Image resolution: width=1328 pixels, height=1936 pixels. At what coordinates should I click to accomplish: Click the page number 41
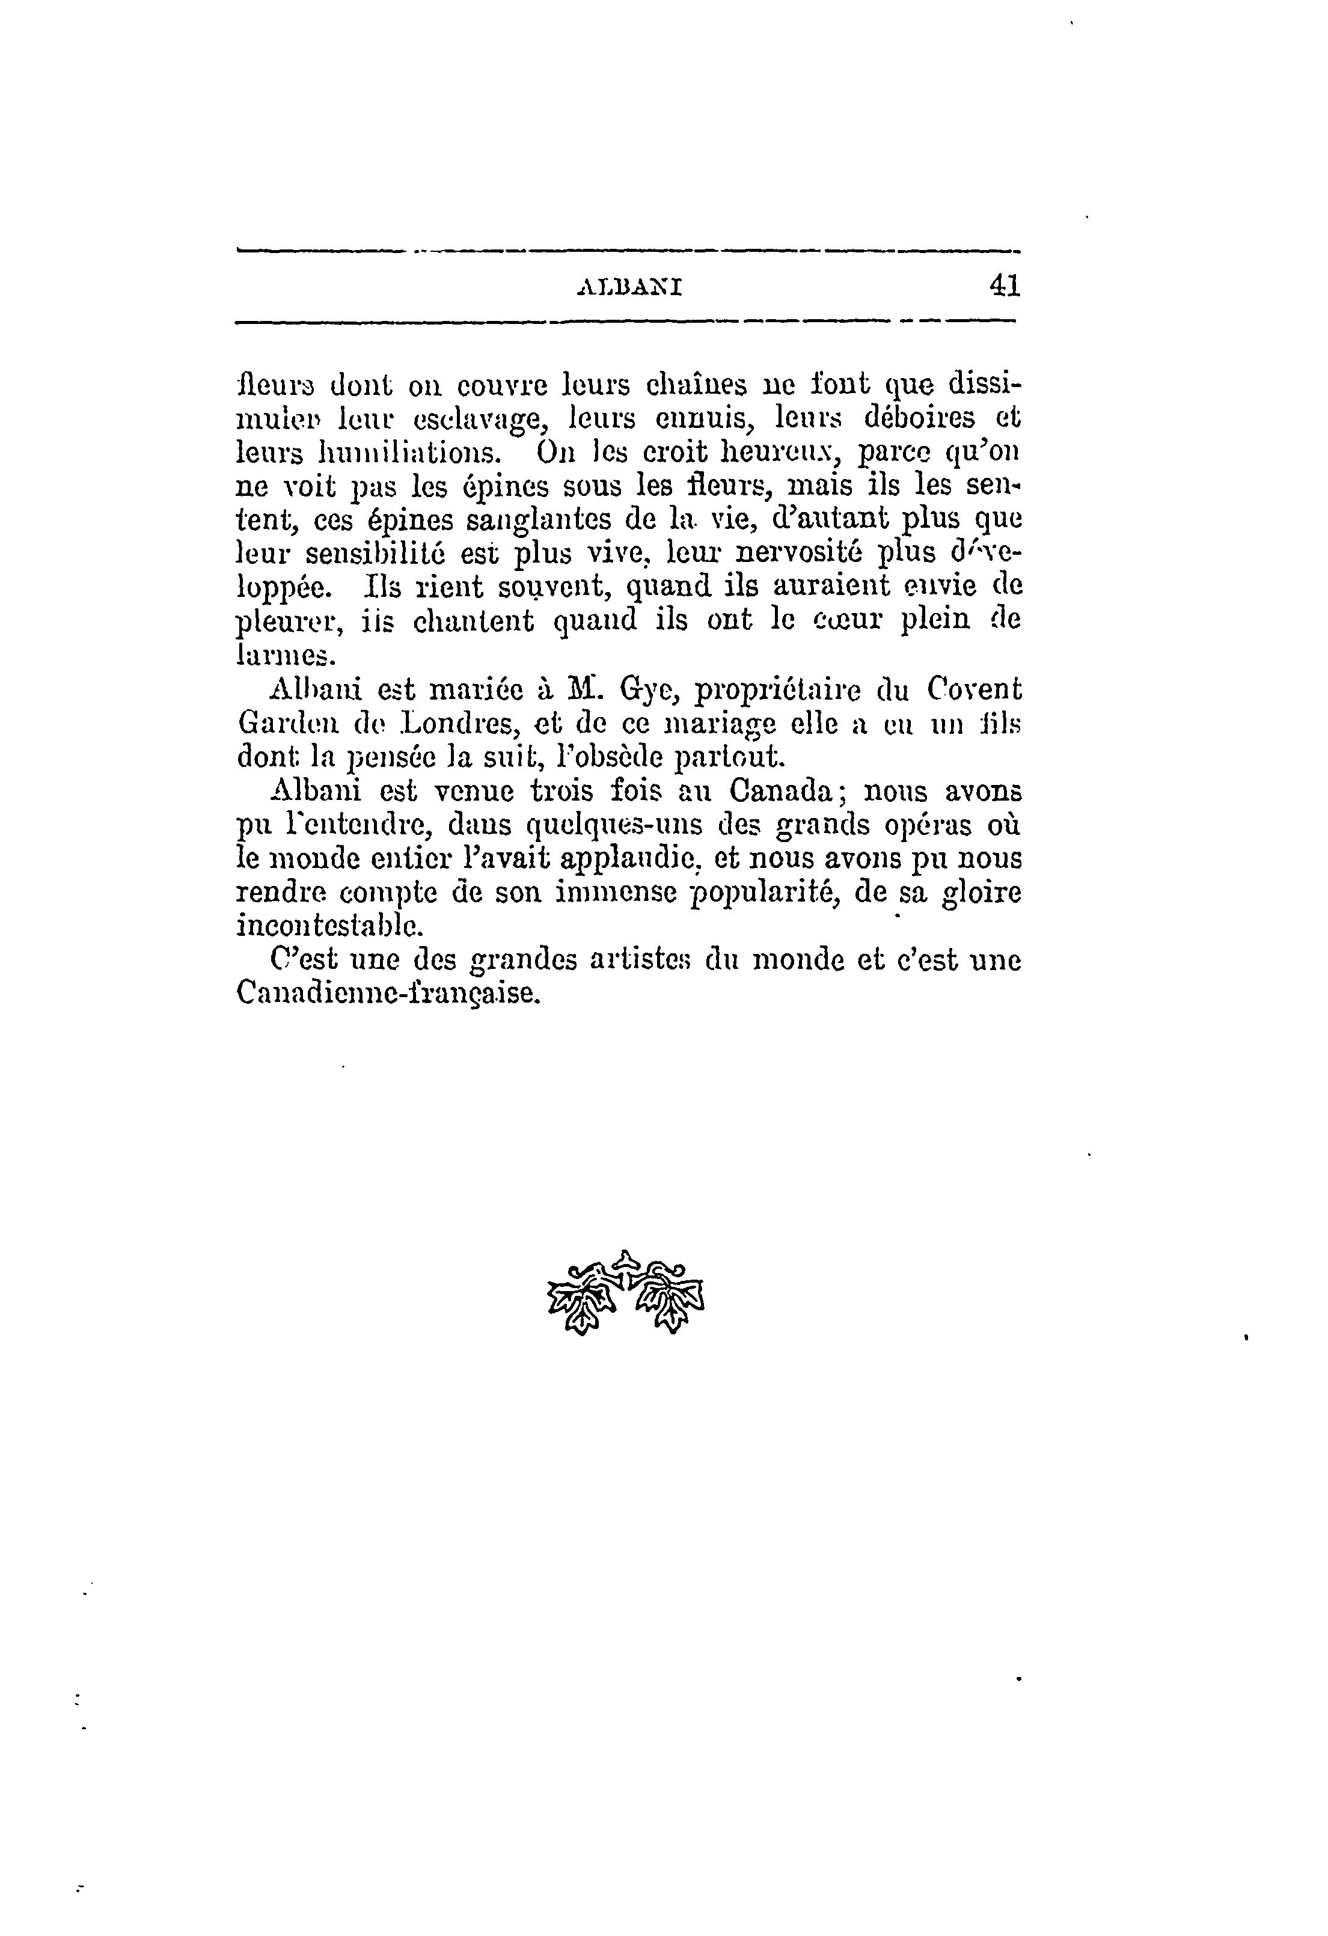(1004, 286)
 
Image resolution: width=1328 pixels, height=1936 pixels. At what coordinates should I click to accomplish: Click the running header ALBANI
(630, 289)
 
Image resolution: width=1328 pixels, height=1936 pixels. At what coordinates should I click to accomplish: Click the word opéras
(934, 825)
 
